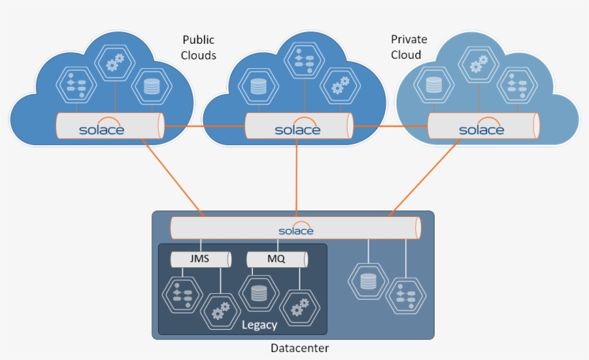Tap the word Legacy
259,325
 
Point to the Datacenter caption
300,348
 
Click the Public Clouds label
198,47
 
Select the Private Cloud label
407,47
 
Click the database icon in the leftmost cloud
151,87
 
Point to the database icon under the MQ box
259,293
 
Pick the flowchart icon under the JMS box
180,294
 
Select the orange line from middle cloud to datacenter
296,180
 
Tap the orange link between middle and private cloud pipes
389,126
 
